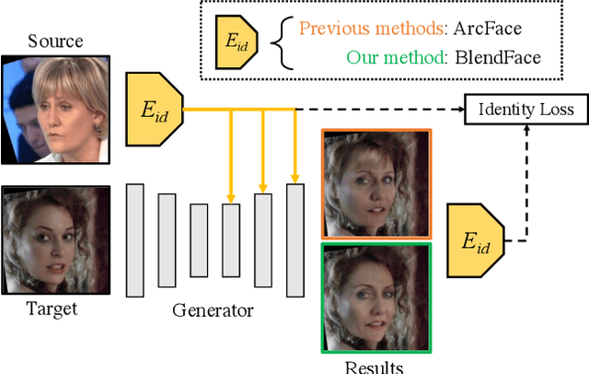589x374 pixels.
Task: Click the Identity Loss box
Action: (x=525, y=110)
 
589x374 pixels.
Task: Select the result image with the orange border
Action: (x=375, y=182)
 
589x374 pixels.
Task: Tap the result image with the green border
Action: (x=375, y=297)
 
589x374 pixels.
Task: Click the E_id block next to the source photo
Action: (x=153, y=109)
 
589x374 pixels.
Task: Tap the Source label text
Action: (x=55, y=41)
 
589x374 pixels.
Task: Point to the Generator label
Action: (x=213, y=310)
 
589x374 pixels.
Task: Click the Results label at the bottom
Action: (x=374, y=367)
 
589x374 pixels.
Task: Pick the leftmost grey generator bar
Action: (x=134, y=240)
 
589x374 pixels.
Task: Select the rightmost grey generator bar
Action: (x=294, y=240)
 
